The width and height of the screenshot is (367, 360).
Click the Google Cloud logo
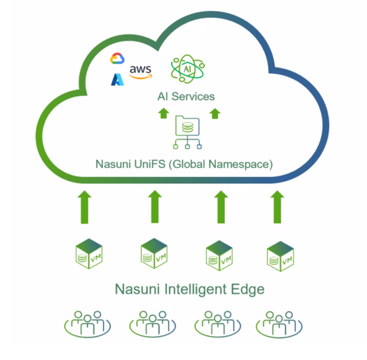point(117,58)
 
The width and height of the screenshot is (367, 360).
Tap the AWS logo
point(141,72)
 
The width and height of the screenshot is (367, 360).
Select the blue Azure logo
point(117,79)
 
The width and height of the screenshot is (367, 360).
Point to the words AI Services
point(186,96)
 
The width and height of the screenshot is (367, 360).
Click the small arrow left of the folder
point(164,113)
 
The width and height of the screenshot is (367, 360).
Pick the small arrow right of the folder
point(215,113)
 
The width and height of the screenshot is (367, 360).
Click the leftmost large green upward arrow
point(85,207)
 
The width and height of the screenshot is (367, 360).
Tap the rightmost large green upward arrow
point(277,207)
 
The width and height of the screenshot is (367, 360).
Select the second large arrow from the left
point(155,207)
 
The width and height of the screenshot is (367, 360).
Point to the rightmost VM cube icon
point(280,256)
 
